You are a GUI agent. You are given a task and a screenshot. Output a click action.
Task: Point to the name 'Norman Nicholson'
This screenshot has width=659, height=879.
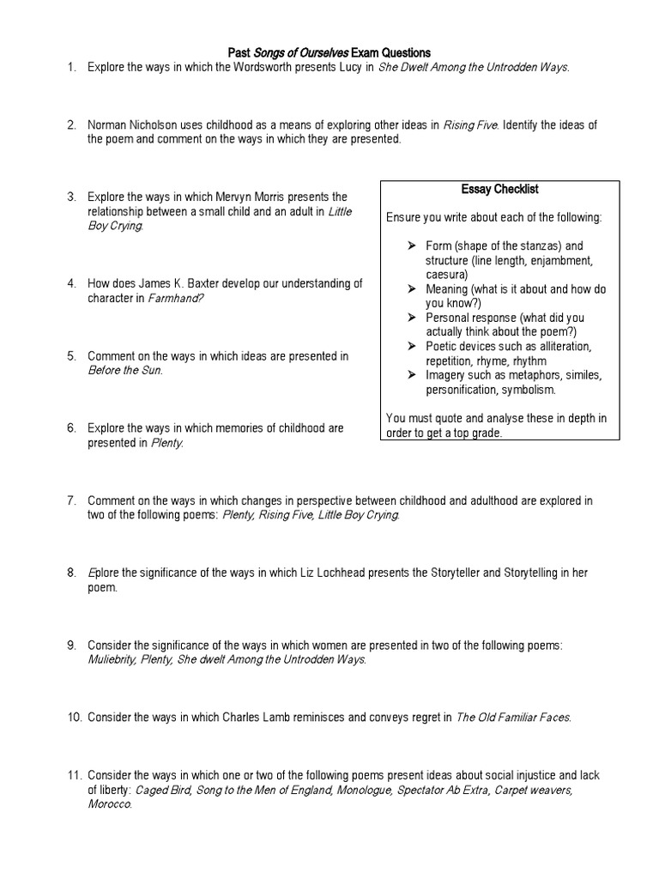[x=130, y=125]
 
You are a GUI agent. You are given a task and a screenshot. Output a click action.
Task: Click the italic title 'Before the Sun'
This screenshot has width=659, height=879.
[x=124, y=370]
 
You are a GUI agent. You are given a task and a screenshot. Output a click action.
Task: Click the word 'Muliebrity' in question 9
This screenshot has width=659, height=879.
[x=113, y=659]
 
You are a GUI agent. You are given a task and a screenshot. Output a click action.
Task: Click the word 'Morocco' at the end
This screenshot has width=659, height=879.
[x=109, y=803]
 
